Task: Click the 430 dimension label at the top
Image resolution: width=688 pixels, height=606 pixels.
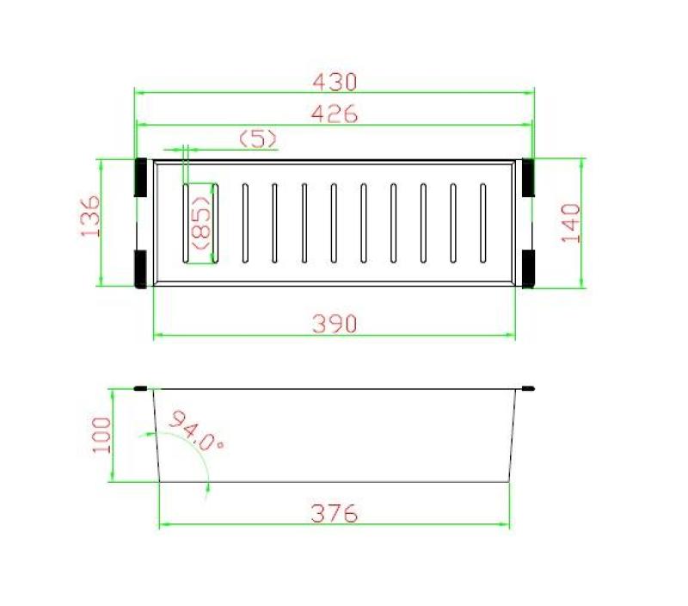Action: click(x=335, y=82)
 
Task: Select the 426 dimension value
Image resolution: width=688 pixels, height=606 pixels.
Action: click(x=335, y=113)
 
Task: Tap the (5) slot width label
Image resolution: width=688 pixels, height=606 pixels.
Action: click(x=258, y=138)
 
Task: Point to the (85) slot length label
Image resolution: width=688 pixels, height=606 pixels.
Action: click(x=202, y=223)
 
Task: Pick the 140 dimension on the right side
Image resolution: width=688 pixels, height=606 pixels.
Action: click(x=572, y=223)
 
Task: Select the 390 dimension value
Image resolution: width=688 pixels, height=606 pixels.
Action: click(x=335, y=324)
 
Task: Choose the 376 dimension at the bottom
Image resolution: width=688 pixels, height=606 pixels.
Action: click(x=335, y=514)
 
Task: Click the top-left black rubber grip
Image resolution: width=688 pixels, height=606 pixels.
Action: click(x=139, y=176)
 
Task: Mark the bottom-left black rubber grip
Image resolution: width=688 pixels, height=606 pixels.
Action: click(x=139, y=267)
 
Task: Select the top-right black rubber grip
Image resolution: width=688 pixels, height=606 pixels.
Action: click(x=528, y=176)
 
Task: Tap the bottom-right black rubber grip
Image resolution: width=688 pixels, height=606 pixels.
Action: click(x=528, y=267)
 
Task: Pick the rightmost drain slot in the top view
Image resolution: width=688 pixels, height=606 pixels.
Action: click(x=483, y=221)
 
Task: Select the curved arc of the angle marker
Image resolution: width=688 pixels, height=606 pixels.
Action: click(x=203, y=456)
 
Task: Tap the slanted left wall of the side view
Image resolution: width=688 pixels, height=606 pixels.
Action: click(x=157, y=435)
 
